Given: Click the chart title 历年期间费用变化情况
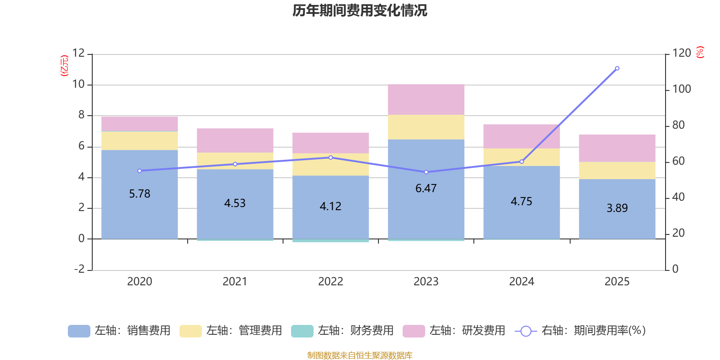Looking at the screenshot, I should click(360, 10).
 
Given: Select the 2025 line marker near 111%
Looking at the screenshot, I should click(617, 68).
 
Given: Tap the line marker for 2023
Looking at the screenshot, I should click(426, 172).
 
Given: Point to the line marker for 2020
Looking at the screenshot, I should click(139, 171).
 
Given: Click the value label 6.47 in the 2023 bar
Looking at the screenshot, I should click(426, 188).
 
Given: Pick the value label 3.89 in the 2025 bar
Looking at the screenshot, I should click(617, 208).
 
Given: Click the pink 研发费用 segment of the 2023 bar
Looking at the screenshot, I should click(426, 99).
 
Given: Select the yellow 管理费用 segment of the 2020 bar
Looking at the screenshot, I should click(139, 140).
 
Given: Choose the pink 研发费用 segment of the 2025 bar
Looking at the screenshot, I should click(617, 148).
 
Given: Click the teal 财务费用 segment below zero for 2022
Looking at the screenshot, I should click(330, 241).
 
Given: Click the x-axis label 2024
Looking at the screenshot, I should click(522, 282).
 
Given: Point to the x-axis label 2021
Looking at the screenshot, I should click(235, 282).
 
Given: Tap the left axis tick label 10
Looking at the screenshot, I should click(78, 85).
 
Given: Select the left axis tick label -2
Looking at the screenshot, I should click(79, 269).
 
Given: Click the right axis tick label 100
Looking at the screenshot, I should click(682, 89).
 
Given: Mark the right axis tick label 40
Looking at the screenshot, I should click(679, 197).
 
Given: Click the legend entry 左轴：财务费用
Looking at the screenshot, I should click(342, 331).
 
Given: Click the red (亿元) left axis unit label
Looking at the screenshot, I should click(64, 66).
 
